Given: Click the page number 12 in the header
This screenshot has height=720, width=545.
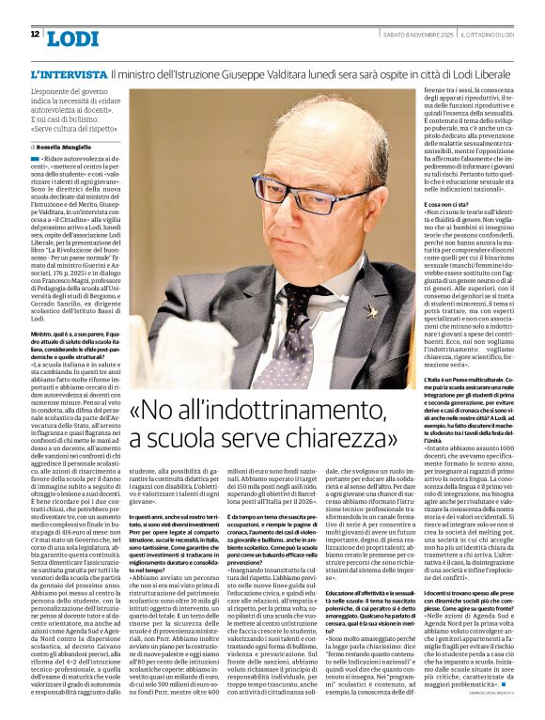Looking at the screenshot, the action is (x=34, y=35).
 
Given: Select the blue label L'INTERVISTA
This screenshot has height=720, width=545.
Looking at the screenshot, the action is (x=68, y=74).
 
